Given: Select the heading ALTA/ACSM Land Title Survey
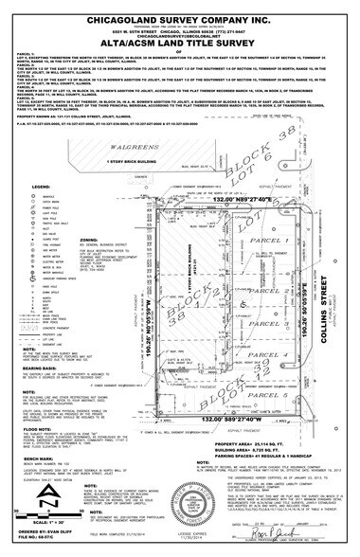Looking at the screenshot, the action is pyautogui.click(x=180, y=45).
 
